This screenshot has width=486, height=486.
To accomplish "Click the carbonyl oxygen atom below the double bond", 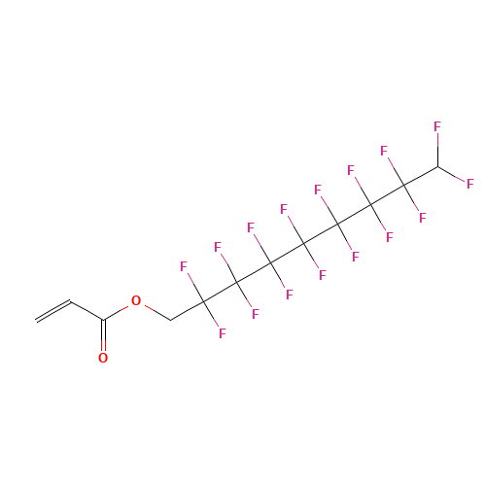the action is pyautogui.click(x=103, y=358).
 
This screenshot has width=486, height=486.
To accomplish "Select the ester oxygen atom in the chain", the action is pyautogui.click(x=136, y=300).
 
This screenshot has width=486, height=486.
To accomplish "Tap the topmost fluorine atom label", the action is pyautogui.click(x=437, y=126).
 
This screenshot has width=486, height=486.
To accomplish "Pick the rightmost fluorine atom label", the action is pyautogui.click(x=470, y=184).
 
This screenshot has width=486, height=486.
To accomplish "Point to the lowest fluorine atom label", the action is pyautogui.click(x=223, y=333).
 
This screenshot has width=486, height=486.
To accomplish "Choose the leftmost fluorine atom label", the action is pyautogui.click(x=184, y=266).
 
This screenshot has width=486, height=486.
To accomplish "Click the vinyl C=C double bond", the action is pyautogui.click(x=53, y=311).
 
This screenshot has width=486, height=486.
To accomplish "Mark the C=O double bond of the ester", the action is pyautogui.click(x=103, y=335).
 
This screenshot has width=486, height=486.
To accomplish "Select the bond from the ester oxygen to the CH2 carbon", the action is pyautogui.click(x=156, y=313).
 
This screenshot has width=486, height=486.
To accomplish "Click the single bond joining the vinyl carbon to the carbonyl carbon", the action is pyautogui.click(x=87, y=311).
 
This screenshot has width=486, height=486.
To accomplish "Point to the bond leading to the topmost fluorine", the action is pyautogui.click(x=437, y=150).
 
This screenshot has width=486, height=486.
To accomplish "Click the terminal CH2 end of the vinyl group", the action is pyautogui.click(x=36, y=321).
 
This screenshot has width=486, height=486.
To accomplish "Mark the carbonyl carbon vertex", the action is pyautogui.click(x=103, y=321).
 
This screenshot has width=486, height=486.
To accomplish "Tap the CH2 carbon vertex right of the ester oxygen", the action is pyautogui.click(x=171, y=321).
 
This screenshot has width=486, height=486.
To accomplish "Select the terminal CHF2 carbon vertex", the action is pyautogui.click(x=438, y=166).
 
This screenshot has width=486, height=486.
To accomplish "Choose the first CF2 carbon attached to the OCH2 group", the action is pyautogui.click(x=203, y=301).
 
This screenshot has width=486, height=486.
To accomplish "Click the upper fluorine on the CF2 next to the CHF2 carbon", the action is pyautogui.click(x=384, y=151).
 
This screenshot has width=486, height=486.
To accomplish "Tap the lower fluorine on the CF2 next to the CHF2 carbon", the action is pyautogui.click(x=423, y=218).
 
